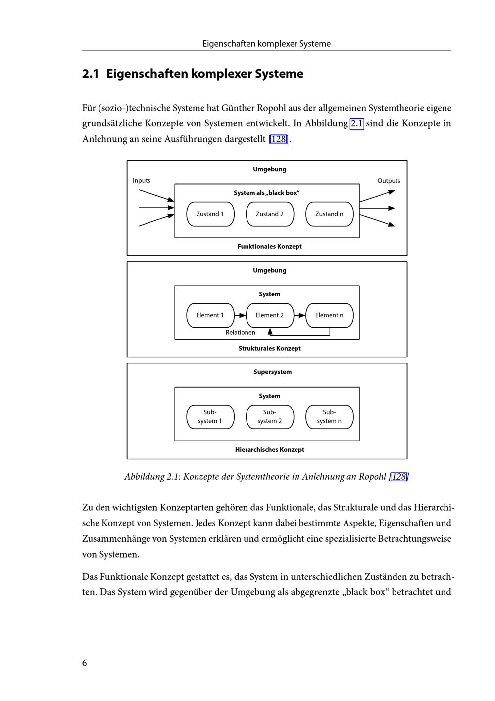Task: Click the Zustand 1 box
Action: [210, 214]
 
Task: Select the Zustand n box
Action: [329, 214]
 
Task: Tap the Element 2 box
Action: [270, 315]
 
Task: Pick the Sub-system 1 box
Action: [210, 417]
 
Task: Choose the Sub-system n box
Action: [329, 417]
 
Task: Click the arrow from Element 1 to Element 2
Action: [240, 315]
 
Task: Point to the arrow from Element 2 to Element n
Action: [300, 315]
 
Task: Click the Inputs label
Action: [142, 181]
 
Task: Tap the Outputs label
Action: [389, 181]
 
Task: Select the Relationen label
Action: [241, 333]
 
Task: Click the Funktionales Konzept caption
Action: [269, 247]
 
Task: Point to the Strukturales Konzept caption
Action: [269, 349]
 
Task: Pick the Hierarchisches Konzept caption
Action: [269, 450]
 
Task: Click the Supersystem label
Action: [272, 372]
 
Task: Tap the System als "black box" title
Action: [267, 193]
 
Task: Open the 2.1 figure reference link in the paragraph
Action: [357, 123]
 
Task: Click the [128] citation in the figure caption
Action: [398, 477]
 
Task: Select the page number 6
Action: [85, 663]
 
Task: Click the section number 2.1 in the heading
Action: [91, 74]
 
